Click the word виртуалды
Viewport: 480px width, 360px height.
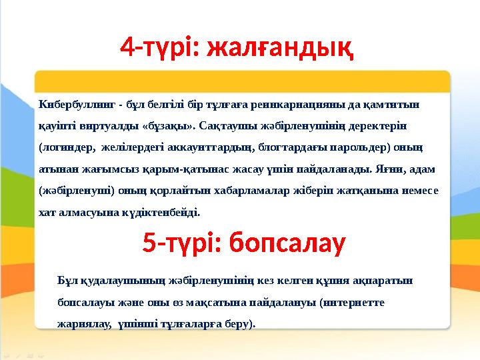[x=101, y=125]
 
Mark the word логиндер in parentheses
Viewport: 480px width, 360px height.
[x=69, y=147]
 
